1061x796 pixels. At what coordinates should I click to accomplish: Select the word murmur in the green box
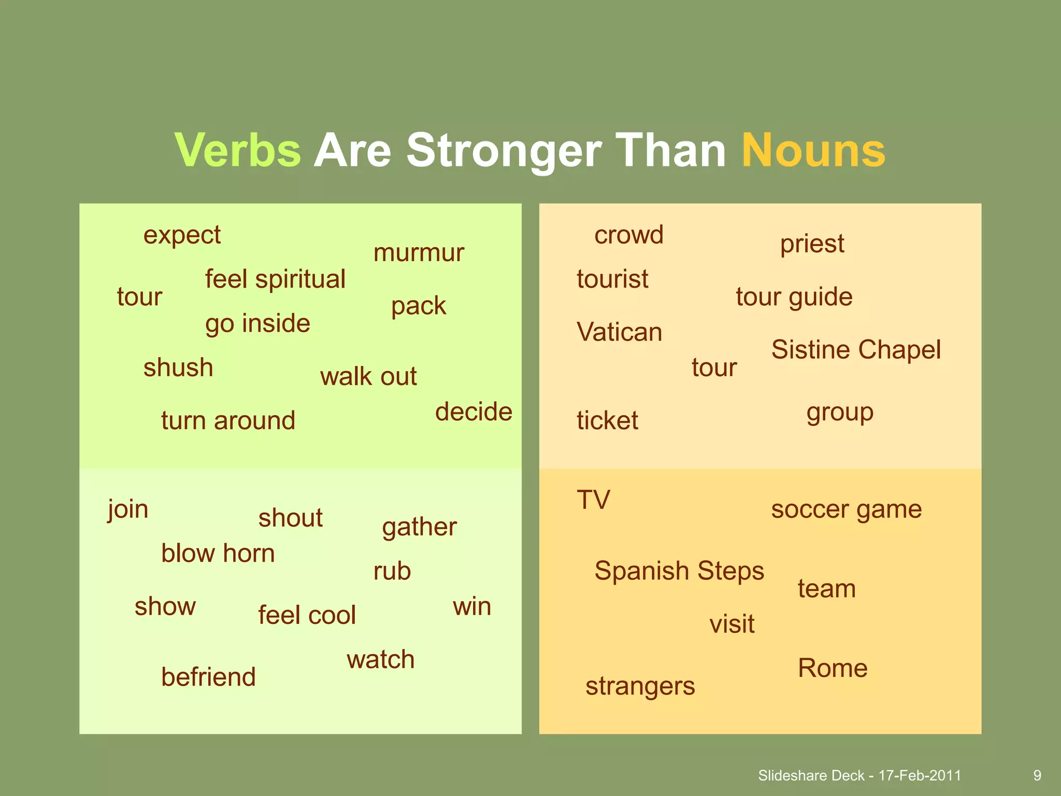coord(419,253)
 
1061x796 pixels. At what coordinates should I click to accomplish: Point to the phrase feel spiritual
coord(275,279)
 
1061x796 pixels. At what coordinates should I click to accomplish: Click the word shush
coord(178,368)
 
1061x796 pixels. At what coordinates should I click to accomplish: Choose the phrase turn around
coord(228,420)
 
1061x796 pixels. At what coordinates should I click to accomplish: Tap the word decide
coord(474,412)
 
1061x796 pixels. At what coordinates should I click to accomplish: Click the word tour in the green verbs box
coord(139,297)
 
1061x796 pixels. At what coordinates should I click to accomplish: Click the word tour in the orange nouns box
coord(714,368)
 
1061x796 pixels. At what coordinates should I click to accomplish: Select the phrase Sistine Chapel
coord(856,350)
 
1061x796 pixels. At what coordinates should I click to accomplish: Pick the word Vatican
coord(620,332)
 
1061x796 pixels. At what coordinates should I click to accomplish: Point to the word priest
coord(812,244)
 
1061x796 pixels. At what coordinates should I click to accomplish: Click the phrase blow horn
coord(218,553)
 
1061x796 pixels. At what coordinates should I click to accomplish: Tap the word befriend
coord(208,677)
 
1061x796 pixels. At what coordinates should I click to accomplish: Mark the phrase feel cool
coord(307,615)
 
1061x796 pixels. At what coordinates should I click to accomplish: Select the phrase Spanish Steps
coord(679,571)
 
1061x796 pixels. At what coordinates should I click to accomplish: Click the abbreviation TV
coord(594,500)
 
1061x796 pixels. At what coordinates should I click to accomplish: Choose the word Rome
coord(833,669)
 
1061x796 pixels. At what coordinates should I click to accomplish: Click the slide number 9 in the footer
coord(1037,775)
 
